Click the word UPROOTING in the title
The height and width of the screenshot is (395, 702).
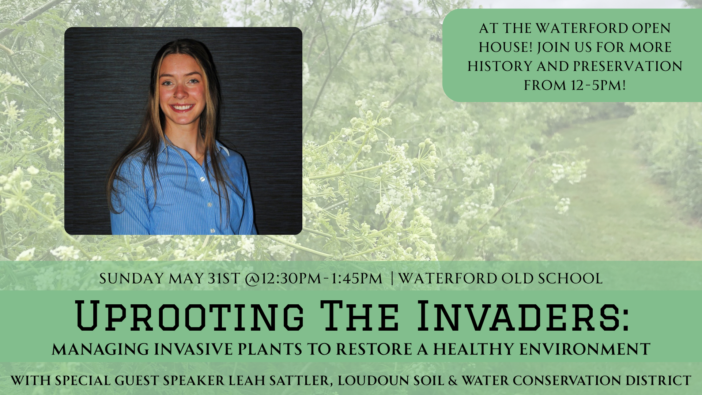pyautogui.click(x=189, y=316)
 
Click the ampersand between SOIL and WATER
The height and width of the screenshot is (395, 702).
pyautogui.click(x=453, y=380)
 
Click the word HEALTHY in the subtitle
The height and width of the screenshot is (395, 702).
pyautogui.click(x=474, y=349)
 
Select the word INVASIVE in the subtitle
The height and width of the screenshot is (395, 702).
pyautogui.click(x=193, y=349)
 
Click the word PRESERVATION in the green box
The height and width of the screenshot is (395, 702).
pyautogui.click(x=627, y=66)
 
